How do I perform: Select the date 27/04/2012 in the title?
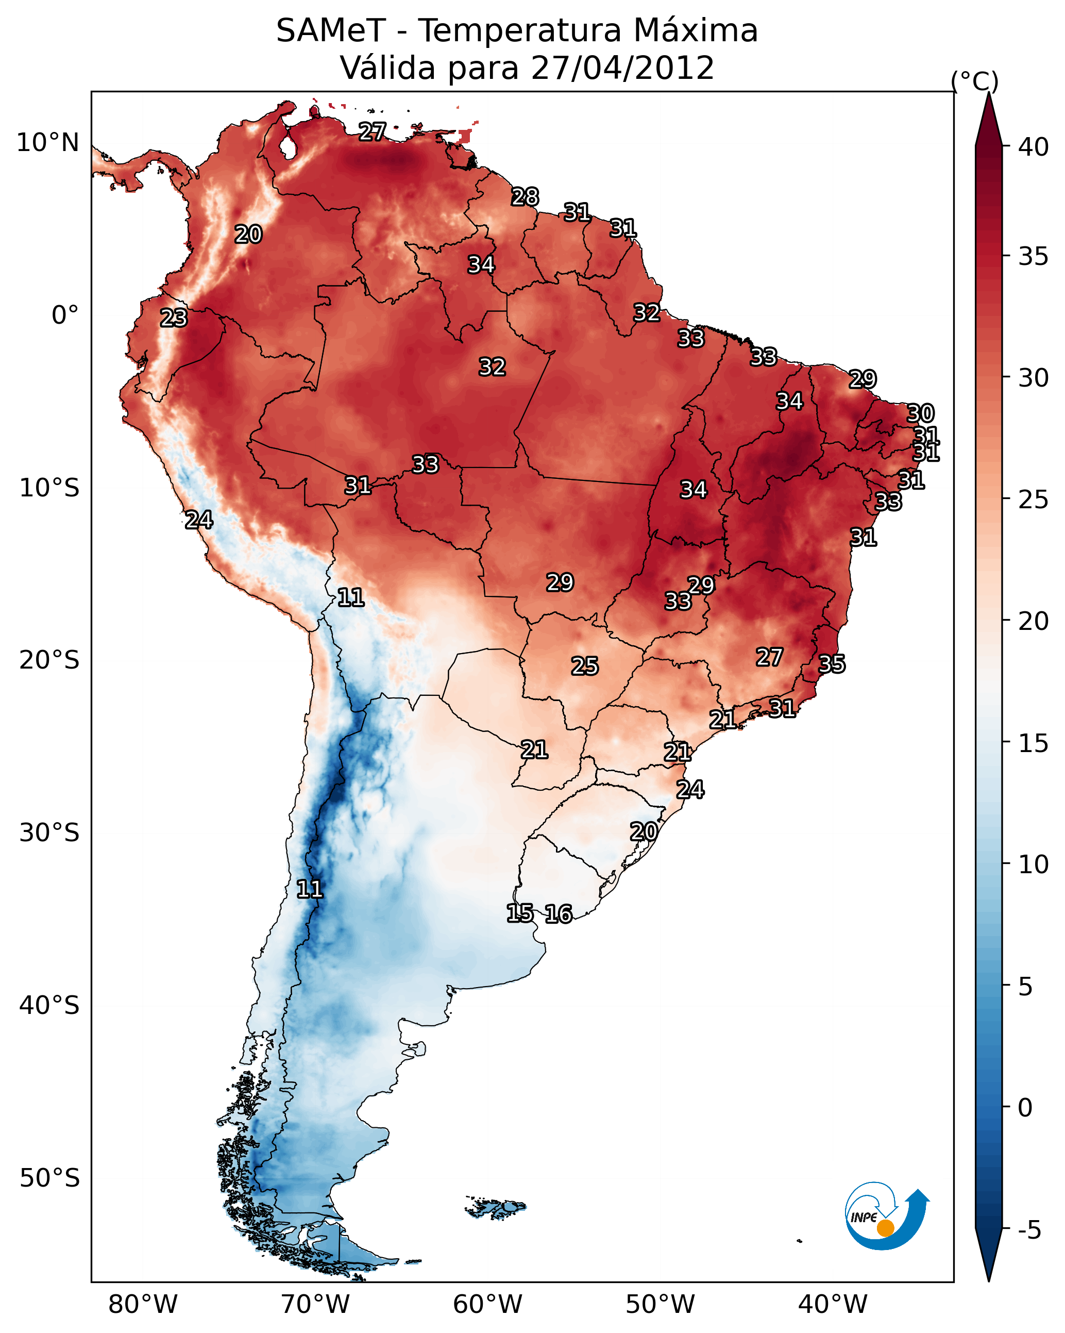[622, 68]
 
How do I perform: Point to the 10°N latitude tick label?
[47, 143]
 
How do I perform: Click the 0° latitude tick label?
[65, 315]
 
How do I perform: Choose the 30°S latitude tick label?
[49, 833]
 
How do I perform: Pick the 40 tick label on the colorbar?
[1034, 147]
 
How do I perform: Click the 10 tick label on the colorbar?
[1034, 864]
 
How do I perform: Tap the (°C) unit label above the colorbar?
[975, 81]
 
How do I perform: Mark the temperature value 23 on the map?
[174, 318]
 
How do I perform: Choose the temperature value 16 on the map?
[559, 914]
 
